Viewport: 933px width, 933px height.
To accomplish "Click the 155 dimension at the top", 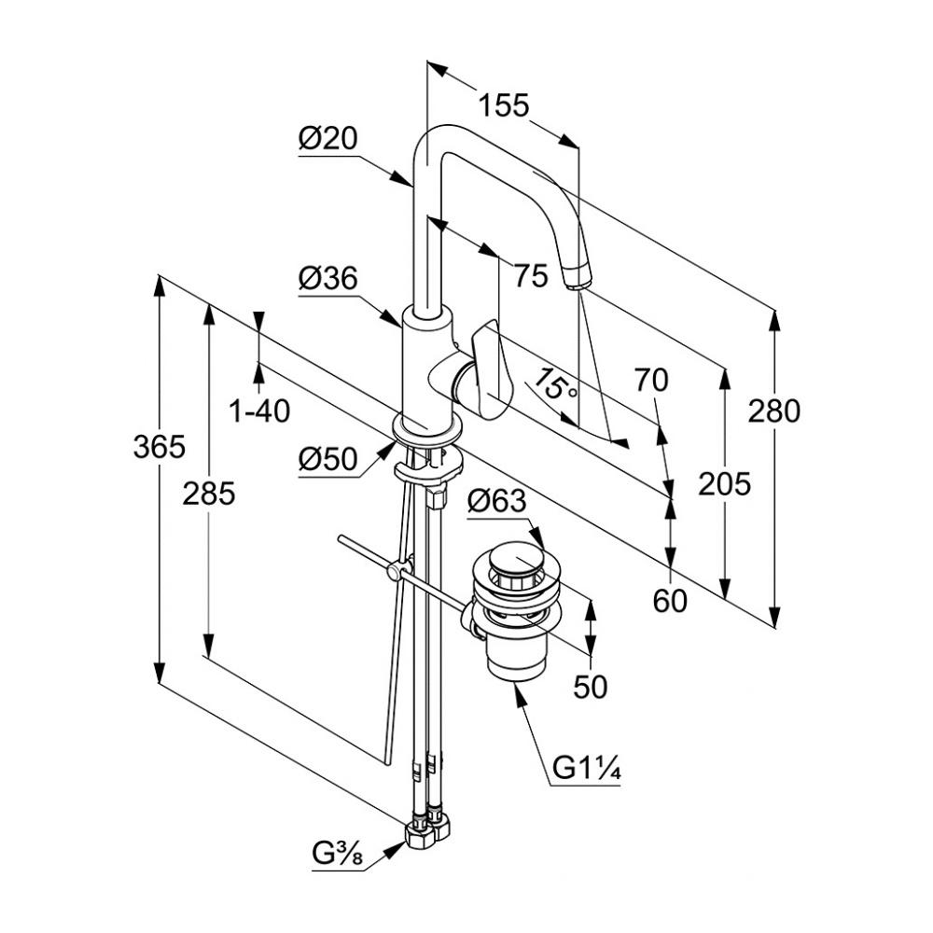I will click(504, 105).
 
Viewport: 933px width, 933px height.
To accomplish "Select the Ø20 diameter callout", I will click(328, 139).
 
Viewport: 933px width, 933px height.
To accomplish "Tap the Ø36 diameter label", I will click(328, 279).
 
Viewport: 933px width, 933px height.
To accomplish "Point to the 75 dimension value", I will click(530, 275).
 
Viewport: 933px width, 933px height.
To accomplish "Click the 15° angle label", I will click(557, 385).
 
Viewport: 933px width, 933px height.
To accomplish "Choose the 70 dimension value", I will click(651, 380).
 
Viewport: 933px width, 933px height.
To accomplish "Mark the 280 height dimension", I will click(773, 411).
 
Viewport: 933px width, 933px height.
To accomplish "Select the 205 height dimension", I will click(725, 483).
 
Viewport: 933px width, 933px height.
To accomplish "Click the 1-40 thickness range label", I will click(259, 410).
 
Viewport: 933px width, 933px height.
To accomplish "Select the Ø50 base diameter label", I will click(328, 459).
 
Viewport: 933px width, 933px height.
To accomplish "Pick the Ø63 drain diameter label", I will click(497, 503).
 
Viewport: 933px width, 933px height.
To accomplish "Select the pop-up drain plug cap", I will click(512, 562).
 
